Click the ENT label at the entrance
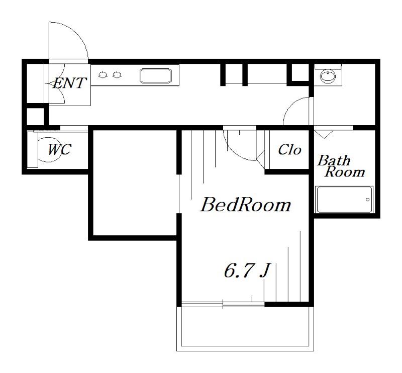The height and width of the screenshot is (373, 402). [69, 83]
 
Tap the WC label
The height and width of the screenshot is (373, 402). [59, 150]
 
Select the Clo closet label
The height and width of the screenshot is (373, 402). [289, 150]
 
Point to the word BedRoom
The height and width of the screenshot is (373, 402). [245, 205]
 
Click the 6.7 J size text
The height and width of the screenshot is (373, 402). [246, 270]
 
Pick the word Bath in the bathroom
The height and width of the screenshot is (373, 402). [334, 160]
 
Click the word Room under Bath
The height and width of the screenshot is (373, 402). [345, 171]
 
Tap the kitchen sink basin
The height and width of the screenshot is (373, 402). [155, 75]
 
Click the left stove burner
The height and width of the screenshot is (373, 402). [103, 75]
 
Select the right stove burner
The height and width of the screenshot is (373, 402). [117, 75]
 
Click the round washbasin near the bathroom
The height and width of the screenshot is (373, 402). [328, 76]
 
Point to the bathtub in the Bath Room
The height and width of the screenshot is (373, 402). [344, 200]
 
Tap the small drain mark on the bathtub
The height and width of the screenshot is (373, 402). [368, 200]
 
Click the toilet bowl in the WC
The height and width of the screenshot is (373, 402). [49, 150]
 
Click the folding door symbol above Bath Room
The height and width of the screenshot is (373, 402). [324, 134]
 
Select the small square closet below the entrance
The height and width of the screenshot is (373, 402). [36, 117]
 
